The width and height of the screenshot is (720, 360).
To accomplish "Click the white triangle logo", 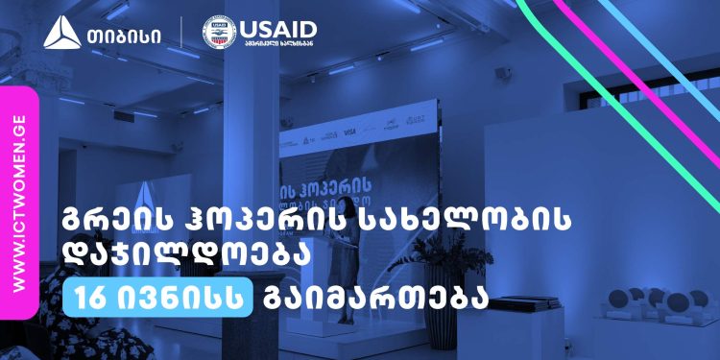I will [60, 36].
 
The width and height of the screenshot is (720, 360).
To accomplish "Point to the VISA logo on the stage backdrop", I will [349, 134].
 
